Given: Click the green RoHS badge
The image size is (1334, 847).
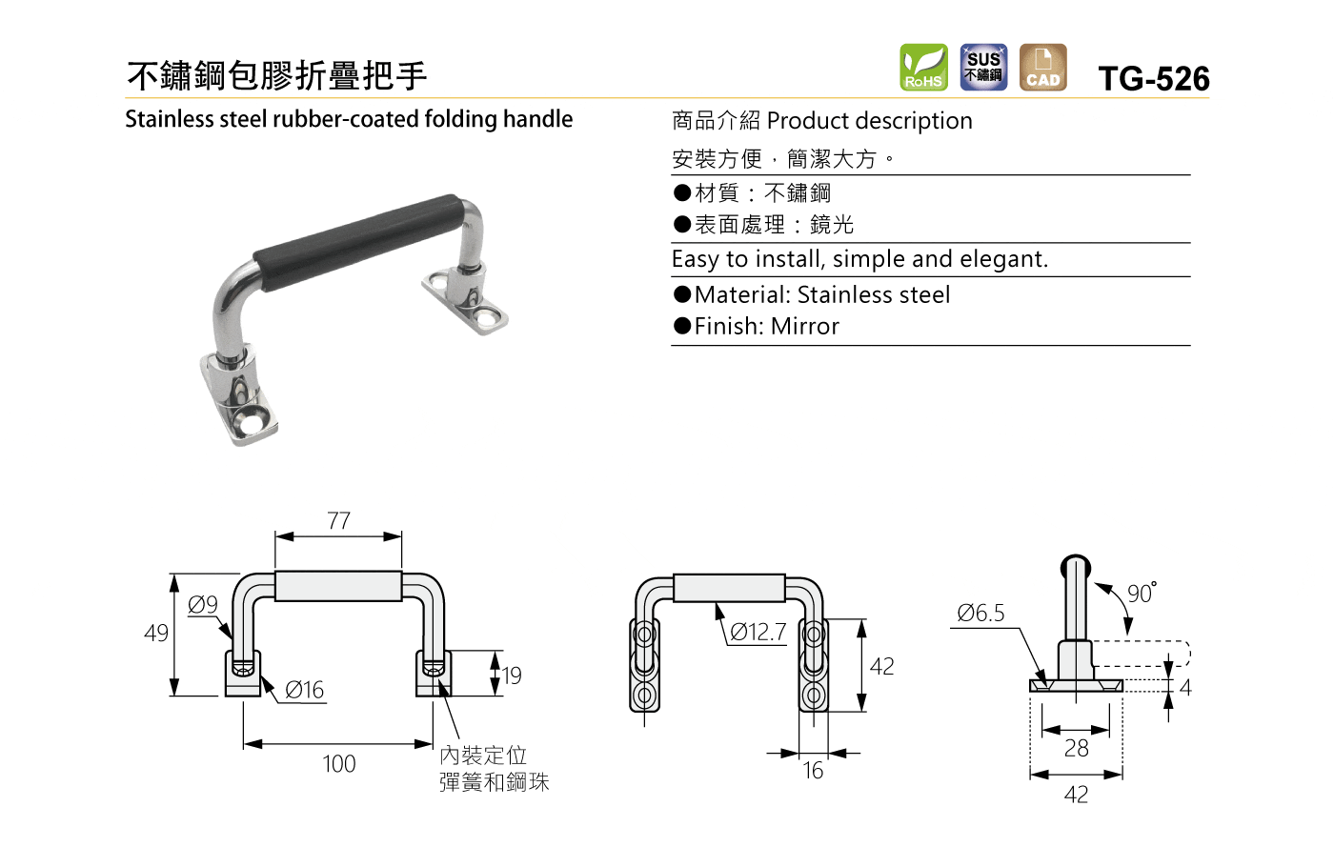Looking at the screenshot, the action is coord(923,68).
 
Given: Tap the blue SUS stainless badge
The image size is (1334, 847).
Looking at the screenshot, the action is coord(983,68).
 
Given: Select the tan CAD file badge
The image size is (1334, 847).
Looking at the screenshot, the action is coord(1042,68).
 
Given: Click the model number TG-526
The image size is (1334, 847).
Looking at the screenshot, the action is coord(1154,79).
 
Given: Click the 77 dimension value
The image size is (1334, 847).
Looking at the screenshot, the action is coord(339,521).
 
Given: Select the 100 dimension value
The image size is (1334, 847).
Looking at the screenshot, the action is coord(339,763).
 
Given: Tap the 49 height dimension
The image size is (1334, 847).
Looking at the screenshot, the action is coord(156,633).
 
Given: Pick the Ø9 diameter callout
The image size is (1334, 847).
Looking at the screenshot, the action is coord(202,605).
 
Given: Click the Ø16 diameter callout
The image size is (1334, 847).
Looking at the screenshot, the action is coord(304,690).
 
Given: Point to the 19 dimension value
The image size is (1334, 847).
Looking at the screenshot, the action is coord(511,676).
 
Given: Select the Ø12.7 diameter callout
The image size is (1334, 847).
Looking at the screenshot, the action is coord(758,632).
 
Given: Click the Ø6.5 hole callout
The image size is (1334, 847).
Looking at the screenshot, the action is coord(980,613).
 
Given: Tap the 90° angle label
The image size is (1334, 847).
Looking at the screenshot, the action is coord(1142,593).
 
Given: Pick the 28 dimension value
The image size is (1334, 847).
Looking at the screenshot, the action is coord(1076,748).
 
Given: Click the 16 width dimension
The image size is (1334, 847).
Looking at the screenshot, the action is coord(813,771).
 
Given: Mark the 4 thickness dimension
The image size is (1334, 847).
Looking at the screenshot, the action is coord(1185,688).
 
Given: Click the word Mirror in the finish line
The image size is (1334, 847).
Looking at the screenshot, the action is coord(804,327).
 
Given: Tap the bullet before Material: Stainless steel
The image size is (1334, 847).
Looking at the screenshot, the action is coord(682,294).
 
